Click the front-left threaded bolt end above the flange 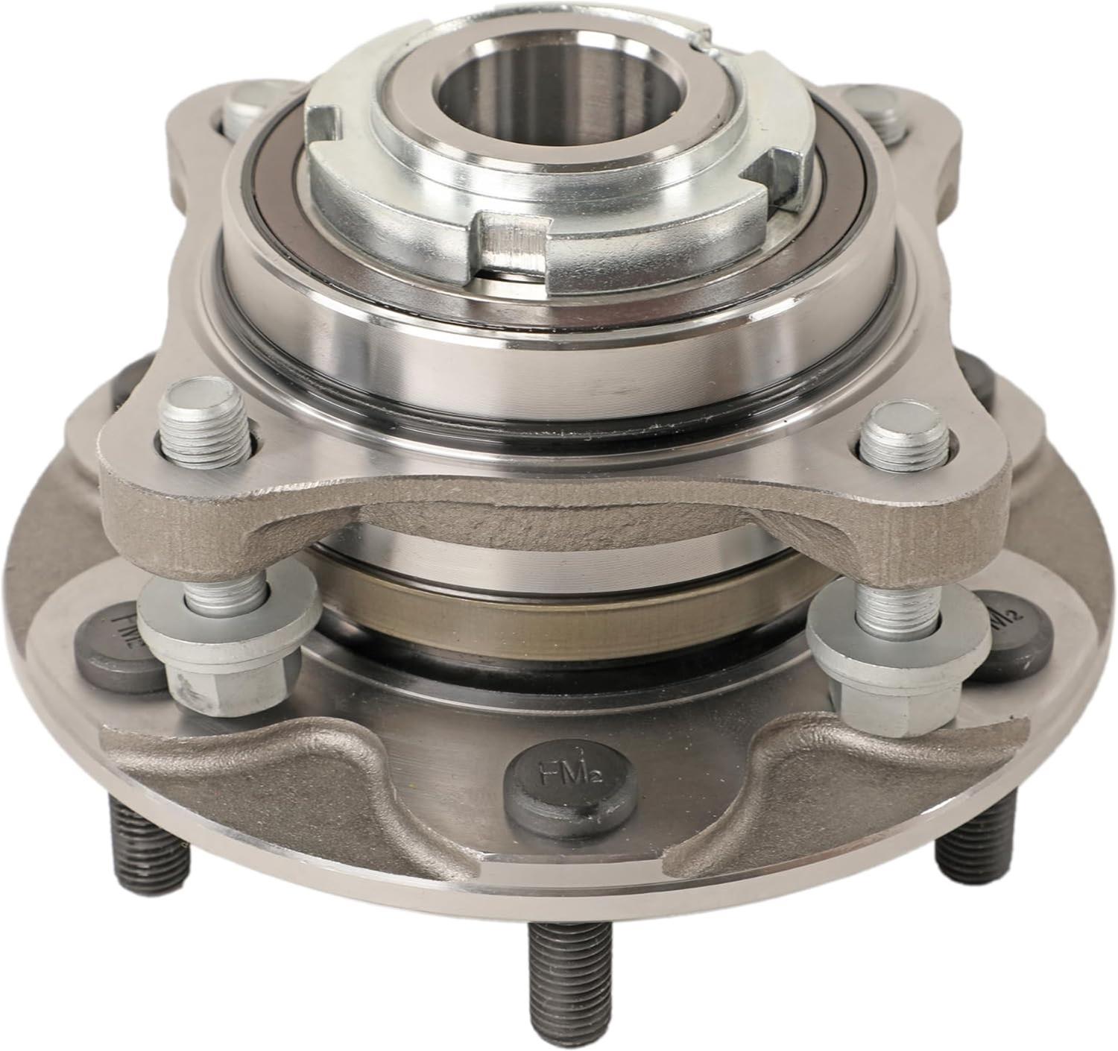pos(205,432)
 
